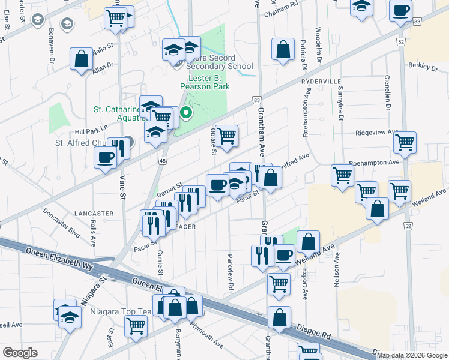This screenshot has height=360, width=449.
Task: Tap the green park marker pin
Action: (187, 112)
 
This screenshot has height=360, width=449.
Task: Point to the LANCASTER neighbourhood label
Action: (94, 213)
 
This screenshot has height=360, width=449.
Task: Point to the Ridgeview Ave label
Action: (377, 132)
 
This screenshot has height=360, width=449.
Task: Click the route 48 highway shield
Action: (163, 160)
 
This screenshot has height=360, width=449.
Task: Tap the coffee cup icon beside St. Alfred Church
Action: (105, 158)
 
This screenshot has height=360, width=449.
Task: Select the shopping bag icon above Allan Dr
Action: (81, 59)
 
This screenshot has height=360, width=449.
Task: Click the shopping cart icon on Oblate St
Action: (226, 136)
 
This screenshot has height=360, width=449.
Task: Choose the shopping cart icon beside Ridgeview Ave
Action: (405, 142)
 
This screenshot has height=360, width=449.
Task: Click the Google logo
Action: (20, 353)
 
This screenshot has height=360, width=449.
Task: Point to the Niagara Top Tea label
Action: (109, 312)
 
